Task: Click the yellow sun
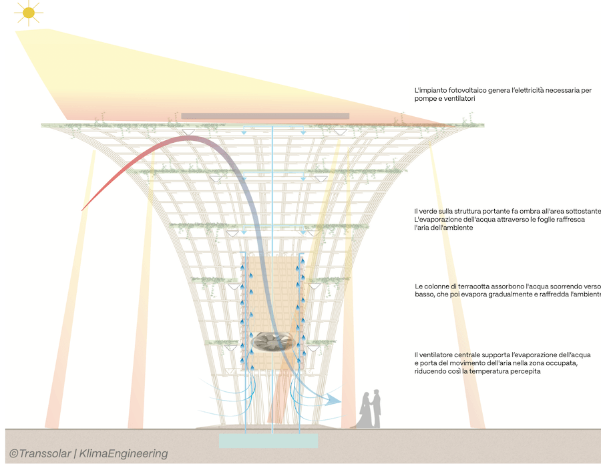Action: click(29, 13)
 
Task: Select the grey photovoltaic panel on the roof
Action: click(265, 115)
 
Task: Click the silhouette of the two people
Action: click(370, 409)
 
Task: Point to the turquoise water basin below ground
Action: click(268, 441)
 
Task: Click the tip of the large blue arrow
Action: click(341, 401)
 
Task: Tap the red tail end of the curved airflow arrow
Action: click(82, 210)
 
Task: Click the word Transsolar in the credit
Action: click(45, 454)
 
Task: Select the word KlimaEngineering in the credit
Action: click(124, 454)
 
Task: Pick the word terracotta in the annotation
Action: click(465, 286)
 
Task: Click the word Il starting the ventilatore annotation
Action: click(416, 355)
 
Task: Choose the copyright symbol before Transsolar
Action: click(14, 454)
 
